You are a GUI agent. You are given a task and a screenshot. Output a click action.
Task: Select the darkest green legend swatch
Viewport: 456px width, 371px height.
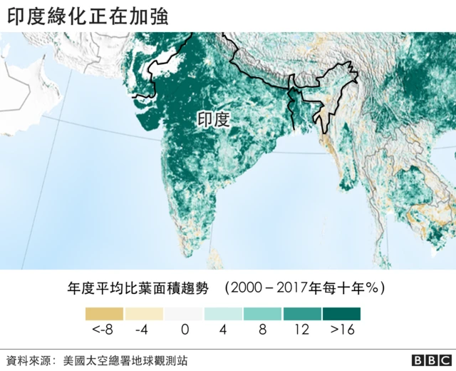(341, 314)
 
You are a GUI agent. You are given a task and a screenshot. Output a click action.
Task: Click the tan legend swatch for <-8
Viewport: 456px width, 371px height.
(104, 314)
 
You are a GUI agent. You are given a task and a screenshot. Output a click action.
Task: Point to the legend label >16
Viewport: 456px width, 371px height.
(341, 330)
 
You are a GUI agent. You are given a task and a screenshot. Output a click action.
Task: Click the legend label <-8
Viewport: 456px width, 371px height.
(104, 330)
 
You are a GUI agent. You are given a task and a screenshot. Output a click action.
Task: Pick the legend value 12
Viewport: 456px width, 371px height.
(302, 330)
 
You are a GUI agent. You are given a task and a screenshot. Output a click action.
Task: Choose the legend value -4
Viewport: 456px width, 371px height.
(143, 330)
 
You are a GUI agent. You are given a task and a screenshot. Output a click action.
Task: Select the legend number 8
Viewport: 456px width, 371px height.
(262, 330)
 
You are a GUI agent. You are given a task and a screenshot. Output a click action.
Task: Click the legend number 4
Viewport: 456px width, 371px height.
(223, 330)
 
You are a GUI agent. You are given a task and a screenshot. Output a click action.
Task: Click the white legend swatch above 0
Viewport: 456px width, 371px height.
(184, 314)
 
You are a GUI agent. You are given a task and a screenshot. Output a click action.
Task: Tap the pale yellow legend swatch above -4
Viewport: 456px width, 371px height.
(144, 314)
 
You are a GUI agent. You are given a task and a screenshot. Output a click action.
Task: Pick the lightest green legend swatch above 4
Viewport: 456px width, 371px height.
(223, 314)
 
